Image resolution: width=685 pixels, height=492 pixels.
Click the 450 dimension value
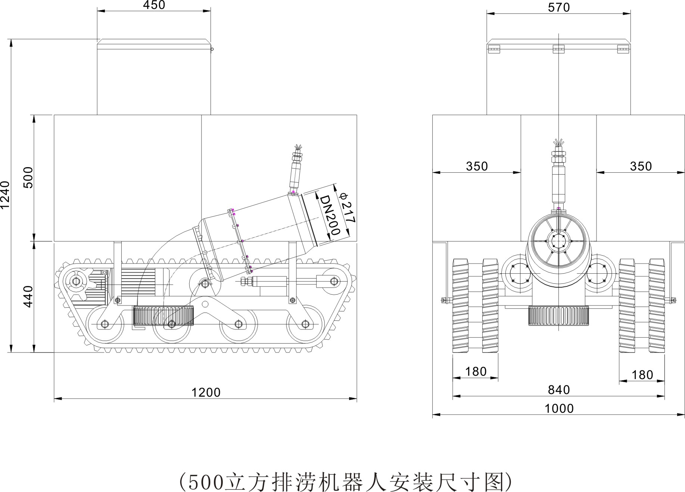[x=154, y=5]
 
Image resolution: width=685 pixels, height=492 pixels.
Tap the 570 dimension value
[x=559, y=7]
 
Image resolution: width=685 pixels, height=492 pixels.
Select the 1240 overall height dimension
[x=6, y=195]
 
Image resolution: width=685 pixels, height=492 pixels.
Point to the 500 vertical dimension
[x=28, y=178]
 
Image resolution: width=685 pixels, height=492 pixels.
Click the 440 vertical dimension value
[x=28, y=296]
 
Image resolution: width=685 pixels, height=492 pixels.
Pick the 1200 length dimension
[x=206, y=392]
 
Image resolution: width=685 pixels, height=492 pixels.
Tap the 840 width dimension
[x=559, y=390]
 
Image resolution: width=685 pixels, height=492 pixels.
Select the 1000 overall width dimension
[x=559, y=408]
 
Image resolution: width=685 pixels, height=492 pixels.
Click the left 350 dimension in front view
[x=477, y=166]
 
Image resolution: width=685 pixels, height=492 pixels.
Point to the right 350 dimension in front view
[x=641, y=166]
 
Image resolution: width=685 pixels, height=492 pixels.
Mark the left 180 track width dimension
[x=476, y=372]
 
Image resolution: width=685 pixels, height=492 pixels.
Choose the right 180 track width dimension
[x=642, y=375]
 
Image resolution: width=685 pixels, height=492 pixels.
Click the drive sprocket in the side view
[x=76, y=281]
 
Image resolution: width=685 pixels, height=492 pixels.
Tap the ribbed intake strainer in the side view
[x=164, y=315]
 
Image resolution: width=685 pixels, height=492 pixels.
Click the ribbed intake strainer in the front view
[x=558, y=315]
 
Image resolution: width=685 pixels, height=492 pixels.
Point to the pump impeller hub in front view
[x=558, y=241]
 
